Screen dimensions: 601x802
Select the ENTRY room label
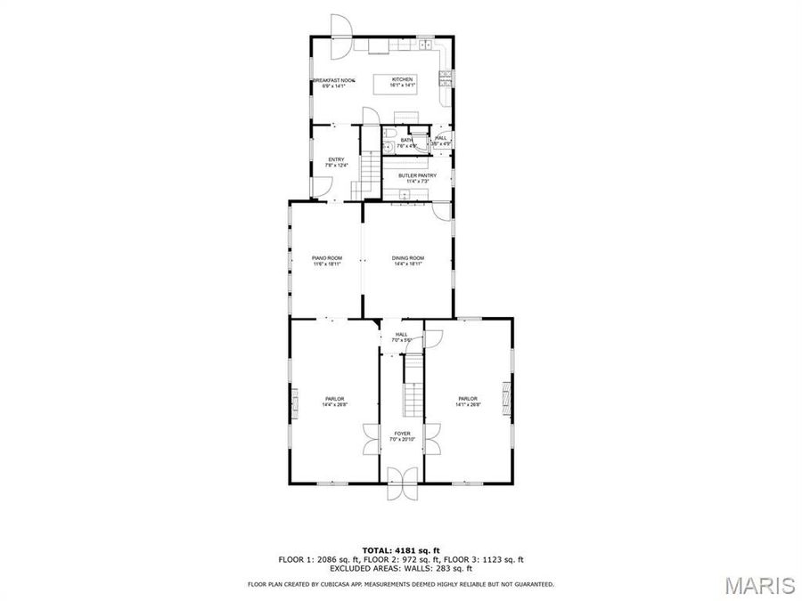pos(336,159)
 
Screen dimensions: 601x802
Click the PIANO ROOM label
pos(327,257)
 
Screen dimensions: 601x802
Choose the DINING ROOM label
pos(407,257)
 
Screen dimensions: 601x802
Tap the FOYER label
pos(403,434)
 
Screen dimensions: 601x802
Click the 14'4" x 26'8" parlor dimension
pos(335,404)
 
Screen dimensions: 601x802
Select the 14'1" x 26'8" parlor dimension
pos(468,404)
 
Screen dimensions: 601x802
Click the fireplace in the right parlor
pos(509,398)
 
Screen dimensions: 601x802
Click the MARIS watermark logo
pos(759,585)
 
